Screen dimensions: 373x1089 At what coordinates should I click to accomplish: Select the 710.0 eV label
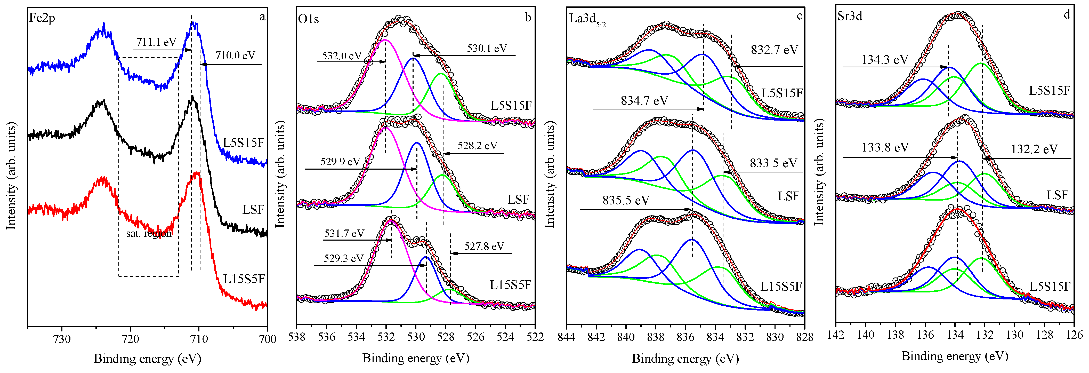point(235,55)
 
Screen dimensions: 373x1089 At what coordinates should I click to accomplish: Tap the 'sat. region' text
point(149,233)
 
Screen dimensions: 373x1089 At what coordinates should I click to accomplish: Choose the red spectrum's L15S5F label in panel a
point(244,279)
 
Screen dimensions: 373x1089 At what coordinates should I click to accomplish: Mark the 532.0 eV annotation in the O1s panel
point(342,56)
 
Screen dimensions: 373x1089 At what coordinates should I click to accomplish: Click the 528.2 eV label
point(477,146)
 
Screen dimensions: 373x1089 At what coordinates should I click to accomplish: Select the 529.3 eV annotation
point(343,258)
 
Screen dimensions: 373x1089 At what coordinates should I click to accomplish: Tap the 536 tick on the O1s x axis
point(326,337)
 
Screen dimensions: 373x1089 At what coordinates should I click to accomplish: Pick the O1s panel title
point(308,19)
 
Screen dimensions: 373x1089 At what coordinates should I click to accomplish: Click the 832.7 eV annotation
point(774,50)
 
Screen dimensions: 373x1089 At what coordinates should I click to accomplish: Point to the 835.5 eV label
point(626,200)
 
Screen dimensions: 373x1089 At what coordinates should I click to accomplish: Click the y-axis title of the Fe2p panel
point(11,176)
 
